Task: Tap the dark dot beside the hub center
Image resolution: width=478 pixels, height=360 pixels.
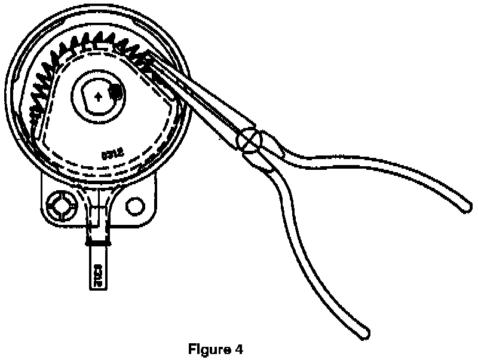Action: [115, 92]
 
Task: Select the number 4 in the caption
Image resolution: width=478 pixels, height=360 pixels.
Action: [241, 349]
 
